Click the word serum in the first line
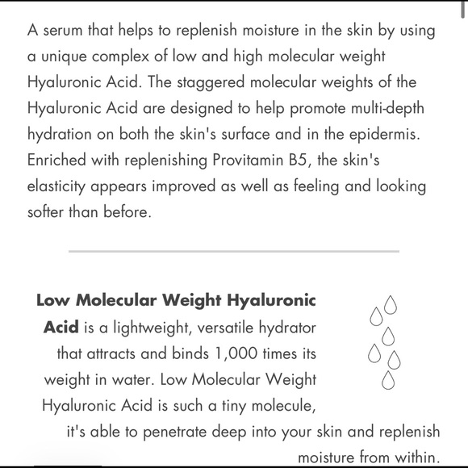tap(62, 32)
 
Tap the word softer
tap(47, 211)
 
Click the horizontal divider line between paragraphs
tap(234, 251)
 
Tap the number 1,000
tap(235, 353)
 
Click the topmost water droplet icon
tap(391, 304)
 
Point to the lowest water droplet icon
tap(388, 379)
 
